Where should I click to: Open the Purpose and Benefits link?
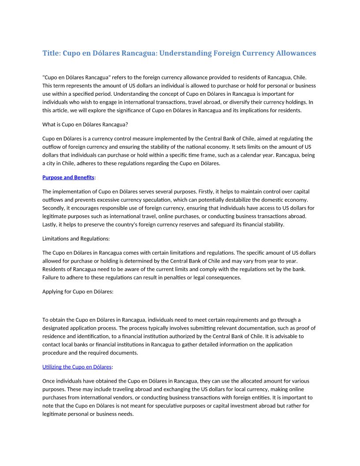pos(68,177)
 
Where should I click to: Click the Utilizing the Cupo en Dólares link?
pos(77,367)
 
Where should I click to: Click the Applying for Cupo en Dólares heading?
pos(78,292)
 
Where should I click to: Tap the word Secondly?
pos(56,208)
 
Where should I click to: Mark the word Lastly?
pos(51,225)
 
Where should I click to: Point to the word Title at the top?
pos(51,53)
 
